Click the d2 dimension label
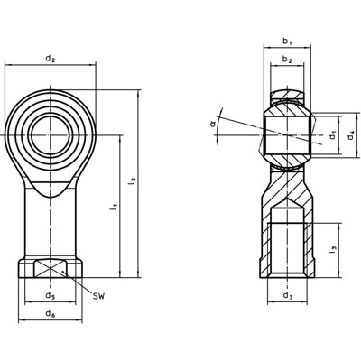51,60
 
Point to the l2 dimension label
133,181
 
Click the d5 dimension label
51,295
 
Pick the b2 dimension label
287,60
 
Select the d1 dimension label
332,136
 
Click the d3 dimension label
287,295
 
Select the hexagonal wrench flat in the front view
51,268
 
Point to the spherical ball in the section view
287,135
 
